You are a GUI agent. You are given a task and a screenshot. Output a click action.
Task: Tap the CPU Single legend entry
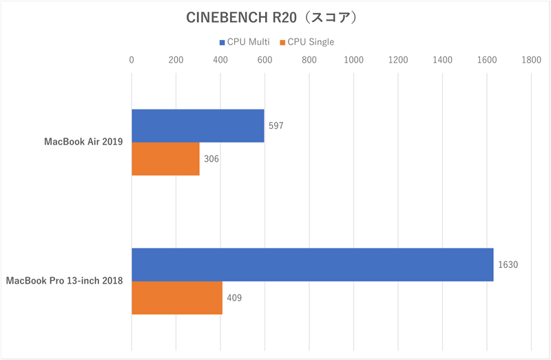pos(307,42)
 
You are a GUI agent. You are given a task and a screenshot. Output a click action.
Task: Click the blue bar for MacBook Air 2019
pos(198,126)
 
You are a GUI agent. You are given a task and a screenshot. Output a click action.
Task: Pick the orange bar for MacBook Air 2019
pos(165,159)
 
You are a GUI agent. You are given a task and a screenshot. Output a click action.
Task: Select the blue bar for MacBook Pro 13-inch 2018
pos(312,264)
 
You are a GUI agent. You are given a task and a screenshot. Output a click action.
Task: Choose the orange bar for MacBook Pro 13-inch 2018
pos(177,298)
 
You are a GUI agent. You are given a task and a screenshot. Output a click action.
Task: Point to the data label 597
pos(276,126)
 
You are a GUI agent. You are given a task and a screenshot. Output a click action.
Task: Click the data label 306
pos(211,159)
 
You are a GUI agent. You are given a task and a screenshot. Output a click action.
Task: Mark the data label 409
pos(234,298)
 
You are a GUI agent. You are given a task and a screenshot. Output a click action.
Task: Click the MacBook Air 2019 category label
pos(83,142)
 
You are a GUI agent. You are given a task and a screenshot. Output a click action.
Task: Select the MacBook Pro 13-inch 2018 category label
pos(64,281)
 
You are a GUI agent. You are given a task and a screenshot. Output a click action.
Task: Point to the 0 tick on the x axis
pos(132,61)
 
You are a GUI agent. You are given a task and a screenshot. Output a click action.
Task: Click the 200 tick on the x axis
pos(176,61)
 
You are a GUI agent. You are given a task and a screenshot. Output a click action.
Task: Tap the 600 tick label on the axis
pos(265,61)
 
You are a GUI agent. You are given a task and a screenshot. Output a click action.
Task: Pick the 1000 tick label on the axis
pos(353,61)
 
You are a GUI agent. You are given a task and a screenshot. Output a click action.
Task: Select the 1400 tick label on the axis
pos(442,61)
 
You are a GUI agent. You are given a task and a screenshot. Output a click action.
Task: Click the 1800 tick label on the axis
pos(531,61)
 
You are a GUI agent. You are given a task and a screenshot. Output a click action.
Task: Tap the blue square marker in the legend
pos(222,42)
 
